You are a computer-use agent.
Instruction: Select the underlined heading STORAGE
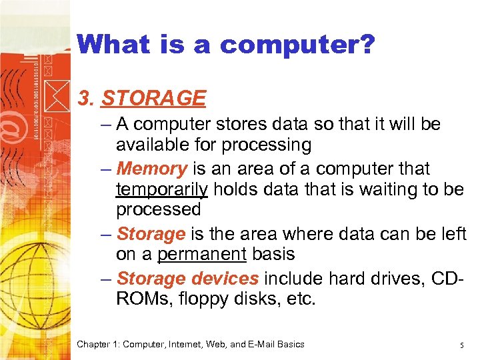pos(153,99)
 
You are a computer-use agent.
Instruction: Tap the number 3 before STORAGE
pos(84,99)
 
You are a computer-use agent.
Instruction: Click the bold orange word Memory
pos(151,168)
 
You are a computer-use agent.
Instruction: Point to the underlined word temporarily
pos(162,189)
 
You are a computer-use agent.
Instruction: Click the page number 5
pos(461,345)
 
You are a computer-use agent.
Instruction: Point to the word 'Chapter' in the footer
pos(94,344)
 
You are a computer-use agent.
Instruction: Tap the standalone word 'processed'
pos(158,209)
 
